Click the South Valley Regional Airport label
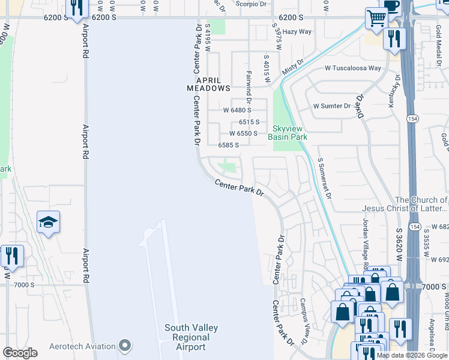pyautogui.click(x=191, y=337)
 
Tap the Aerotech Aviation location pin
pyautogui.click(x=125, y=346)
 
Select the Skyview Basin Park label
pyautogui.click(x=290, y=133)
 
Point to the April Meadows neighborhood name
pyautogui.click(x=208, y=83)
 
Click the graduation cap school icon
pyautogui.click(x=47, y=223)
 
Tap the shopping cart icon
pyautogui.click(x=376, y=19)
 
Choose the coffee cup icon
pyautogui.click(x=391, y=5)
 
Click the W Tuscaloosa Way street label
pyautogui.click(x=354, y=68)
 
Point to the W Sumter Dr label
pyautogui.click(x=331, y=106)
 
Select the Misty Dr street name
pyautogui.click(x=290, y=70)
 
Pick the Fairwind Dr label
pyautogui.click(x=248, y=83)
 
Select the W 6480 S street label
pyautogui.click(x=237, y=110)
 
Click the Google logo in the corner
pyautogui.click(x=20, y=353)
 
